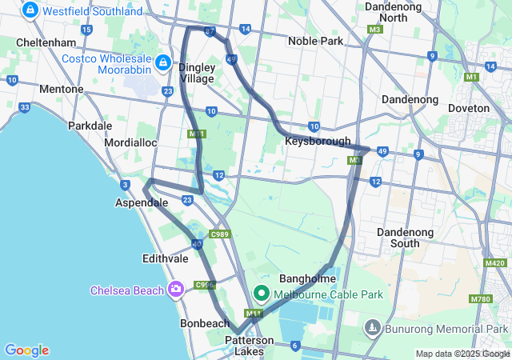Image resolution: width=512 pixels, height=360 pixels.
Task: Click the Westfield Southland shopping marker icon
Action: point(30,10)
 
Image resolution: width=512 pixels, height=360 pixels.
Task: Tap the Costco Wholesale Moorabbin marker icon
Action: point(162,62)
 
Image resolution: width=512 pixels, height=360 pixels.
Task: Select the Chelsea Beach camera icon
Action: point(176,290)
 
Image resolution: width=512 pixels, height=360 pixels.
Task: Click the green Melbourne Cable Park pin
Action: point(261,294)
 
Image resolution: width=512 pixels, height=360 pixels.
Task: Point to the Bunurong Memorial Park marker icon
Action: point(372,328)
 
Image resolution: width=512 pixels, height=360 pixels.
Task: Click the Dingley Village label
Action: point(196,73)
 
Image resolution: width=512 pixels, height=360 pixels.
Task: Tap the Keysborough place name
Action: point(318,142)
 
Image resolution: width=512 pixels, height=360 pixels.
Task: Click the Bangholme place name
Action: point(306,278)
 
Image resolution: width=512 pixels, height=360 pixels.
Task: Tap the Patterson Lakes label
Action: point(249,346)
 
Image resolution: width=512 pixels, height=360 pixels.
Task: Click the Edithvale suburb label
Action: point(164,258)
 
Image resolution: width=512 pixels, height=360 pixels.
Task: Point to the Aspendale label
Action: point(142,203)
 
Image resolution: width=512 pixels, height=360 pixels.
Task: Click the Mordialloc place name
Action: point(130,142)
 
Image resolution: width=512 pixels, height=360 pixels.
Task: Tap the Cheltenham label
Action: point(46,42)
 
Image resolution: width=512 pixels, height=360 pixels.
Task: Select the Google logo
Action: point(26,350)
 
